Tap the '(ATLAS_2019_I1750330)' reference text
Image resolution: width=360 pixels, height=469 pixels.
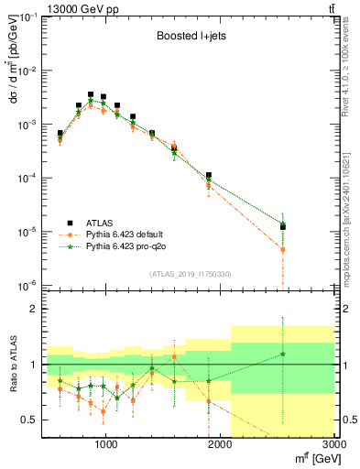[x=189, y=274]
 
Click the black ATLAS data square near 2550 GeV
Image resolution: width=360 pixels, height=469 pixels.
[x=283, y=226]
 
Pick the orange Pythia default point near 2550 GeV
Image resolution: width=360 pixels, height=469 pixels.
[x=283, y=249]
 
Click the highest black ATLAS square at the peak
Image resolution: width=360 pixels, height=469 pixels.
[x=90, y=94]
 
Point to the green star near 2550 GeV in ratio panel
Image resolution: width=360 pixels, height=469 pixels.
[x=283, y=354]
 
